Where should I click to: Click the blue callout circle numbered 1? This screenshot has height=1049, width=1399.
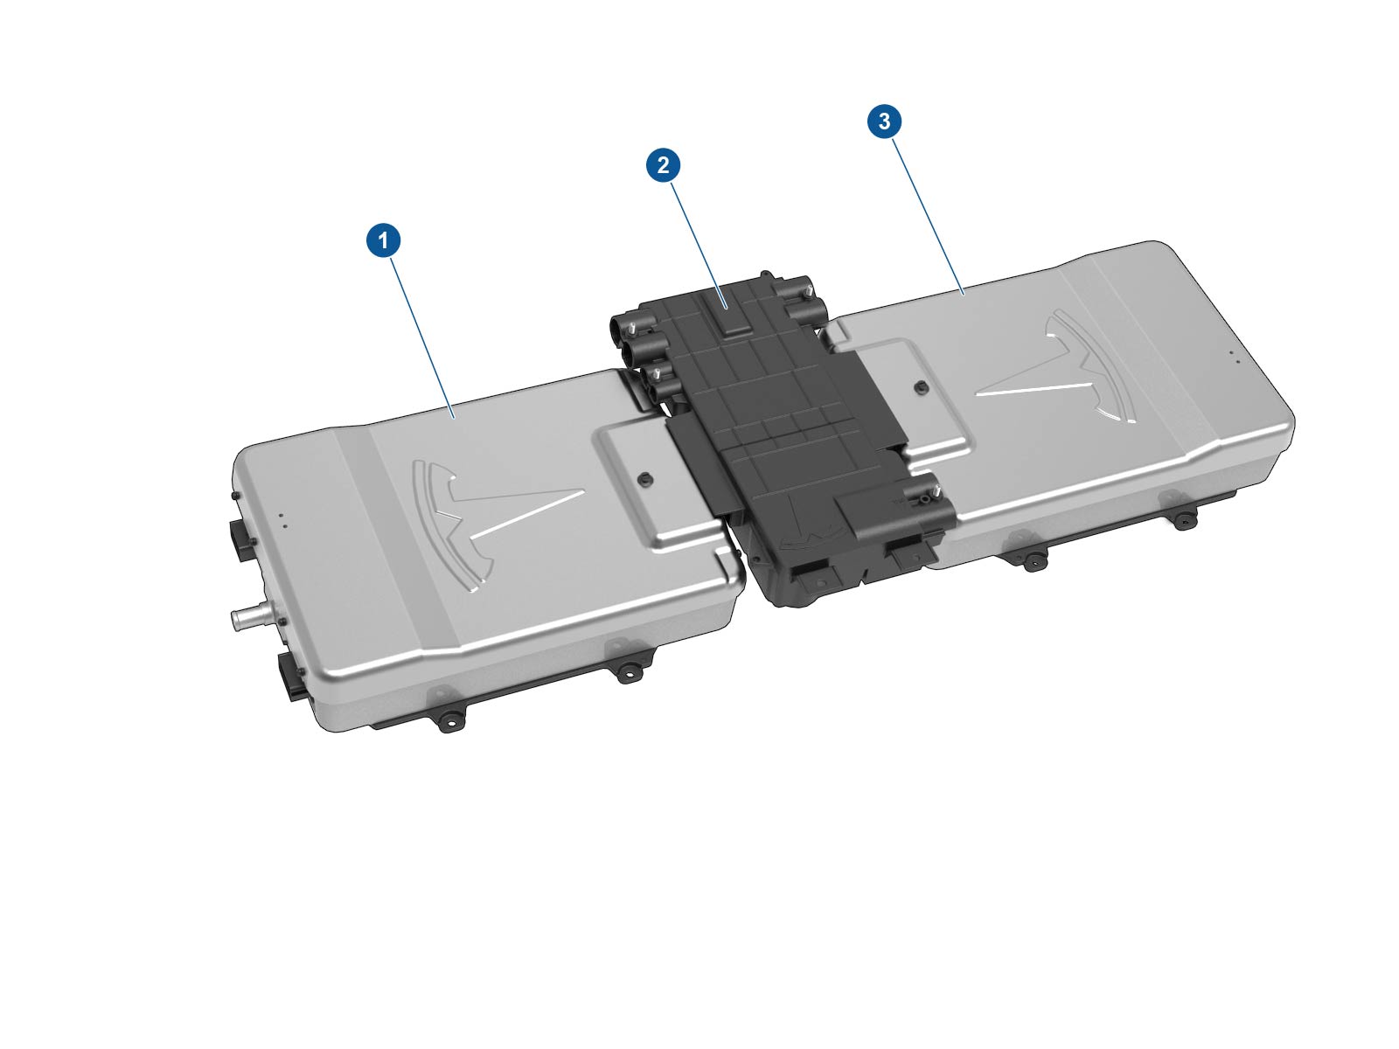pyautogui.click(x=383, y=240)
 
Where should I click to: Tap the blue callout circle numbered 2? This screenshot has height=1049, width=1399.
pyautogui.click(x=663, y=165)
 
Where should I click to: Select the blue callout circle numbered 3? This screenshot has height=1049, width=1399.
pyautogui.click(x=884, y=121)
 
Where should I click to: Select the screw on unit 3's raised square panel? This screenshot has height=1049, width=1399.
pyautogui.click(x=920, y=386)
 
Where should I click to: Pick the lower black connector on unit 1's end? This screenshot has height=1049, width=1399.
pyautogui.click(x=291, y=675)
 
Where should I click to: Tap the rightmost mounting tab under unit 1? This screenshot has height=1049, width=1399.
pyautogui.click(x=627, y=672)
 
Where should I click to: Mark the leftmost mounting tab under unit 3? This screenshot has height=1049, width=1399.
pyautogui.click(x=1029, y=559)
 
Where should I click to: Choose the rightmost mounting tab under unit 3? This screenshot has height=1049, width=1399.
pyautogui.click(x=1183, y=518)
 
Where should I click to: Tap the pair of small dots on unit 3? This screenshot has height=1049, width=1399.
pyautogui.click(x=1235, y=357)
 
